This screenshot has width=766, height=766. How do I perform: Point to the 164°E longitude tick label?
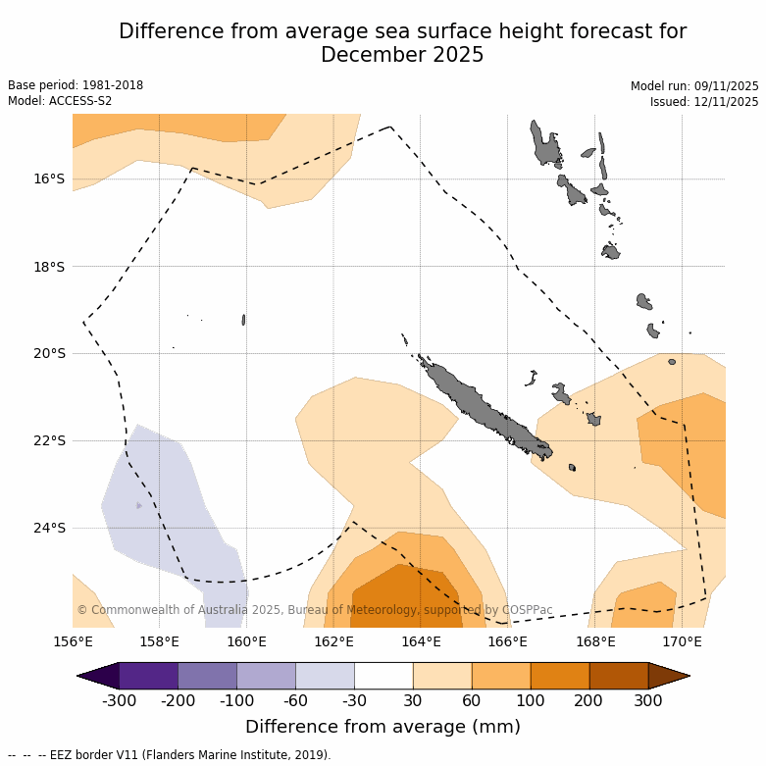pyautogui.click(x=421, y=641)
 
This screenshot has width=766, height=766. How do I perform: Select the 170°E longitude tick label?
pyautogui.click(x=682, y=641)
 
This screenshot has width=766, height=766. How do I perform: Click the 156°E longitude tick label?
pyautogui.click(x=73, y=641)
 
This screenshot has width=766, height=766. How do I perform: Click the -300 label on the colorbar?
pyautogui.click(x=119, y=700)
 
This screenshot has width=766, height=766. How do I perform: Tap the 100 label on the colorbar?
pyautogui.click(x=531, y=700)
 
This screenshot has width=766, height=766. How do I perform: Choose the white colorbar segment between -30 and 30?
pyautogui.click(x=383, y=676)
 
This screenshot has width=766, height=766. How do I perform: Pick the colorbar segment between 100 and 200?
pyautogui.click(x=560, y=676)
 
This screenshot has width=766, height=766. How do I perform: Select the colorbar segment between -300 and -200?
pyautogui.click(x=148, y=676)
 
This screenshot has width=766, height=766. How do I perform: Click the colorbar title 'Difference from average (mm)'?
pyautogui.click(x=383, y=727)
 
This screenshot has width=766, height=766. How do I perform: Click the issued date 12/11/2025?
pyautogui.click(x=723, y=102)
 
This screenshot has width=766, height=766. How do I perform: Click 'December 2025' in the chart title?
pyautogui.click(x=402, y=55)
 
